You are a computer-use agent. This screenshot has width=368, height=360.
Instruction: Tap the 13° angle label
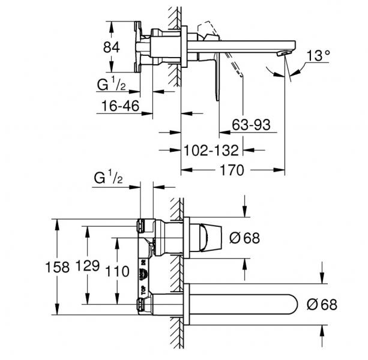(x=318, y=57)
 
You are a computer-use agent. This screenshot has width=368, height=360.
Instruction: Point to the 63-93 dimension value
(x=251, y=125)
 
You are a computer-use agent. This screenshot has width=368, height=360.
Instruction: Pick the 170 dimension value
(x=231, y=170)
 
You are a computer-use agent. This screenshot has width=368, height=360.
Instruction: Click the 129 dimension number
(x=89, y=268)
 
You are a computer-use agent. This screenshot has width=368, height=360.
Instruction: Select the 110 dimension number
(x=116, y=271)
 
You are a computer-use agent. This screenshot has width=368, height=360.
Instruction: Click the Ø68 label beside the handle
(x=244, y=238)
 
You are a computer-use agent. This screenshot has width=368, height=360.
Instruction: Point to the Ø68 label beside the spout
(x=322, y=304)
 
